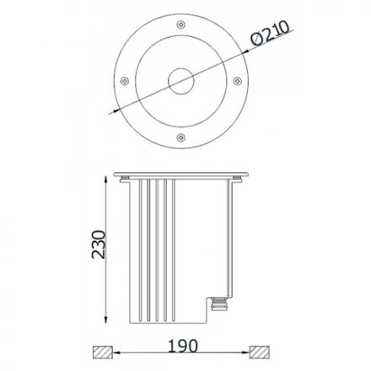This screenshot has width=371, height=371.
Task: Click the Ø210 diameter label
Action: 270,33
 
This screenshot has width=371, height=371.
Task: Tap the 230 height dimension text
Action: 99,245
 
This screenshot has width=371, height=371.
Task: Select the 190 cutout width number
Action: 183,346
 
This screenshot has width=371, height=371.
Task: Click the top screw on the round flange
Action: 180,24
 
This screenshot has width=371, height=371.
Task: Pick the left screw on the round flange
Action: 124,81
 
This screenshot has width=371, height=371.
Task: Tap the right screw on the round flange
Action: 237,81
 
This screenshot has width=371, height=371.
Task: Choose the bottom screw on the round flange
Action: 180,137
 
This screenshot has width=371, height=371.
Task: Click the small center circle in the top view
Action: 180,81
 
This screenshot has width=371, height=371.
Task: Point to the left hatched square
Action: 103,352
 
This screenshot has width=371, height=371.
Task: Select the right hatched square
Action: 260,352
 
